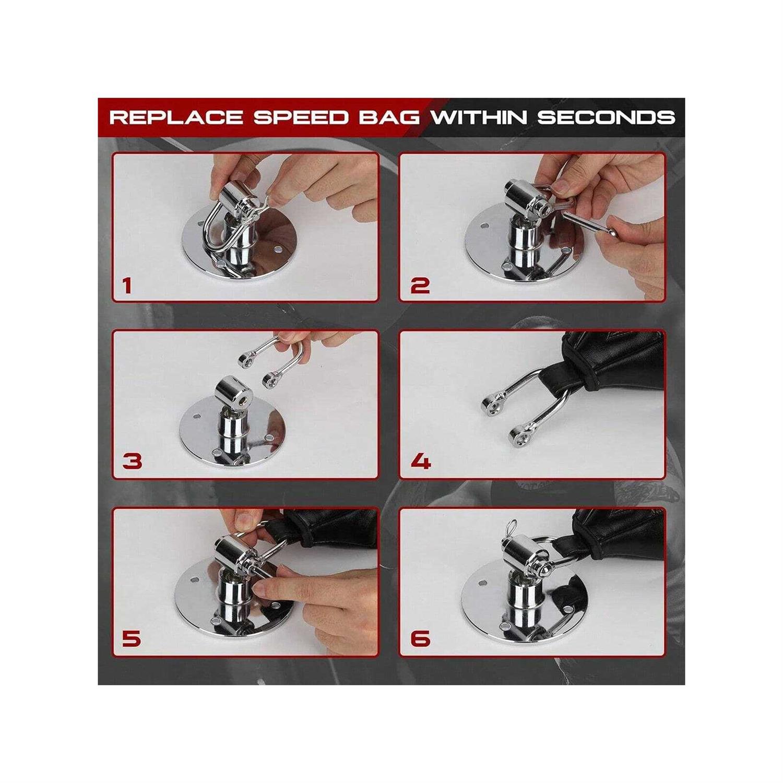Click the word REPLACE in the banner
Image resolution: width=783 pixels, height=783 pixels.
tap(176, 116)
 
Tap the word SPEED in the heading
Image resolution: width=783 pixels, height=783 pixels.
tap(300, 116)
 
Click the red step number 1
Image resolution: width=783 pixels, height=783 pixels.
tap(127, 286)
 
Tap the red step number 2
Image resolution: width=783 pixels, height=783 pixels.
tap(420, 286)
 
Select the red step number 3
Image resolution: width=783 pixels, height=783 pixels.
tap(132, 461)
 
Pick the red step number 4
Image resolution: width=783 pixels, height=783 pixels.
tap(421, 461)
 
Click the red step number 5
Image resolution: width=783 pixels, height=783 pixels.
tap(131, 638)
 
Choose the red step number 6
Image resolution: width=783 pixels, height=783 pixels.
tap(420, 638)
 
